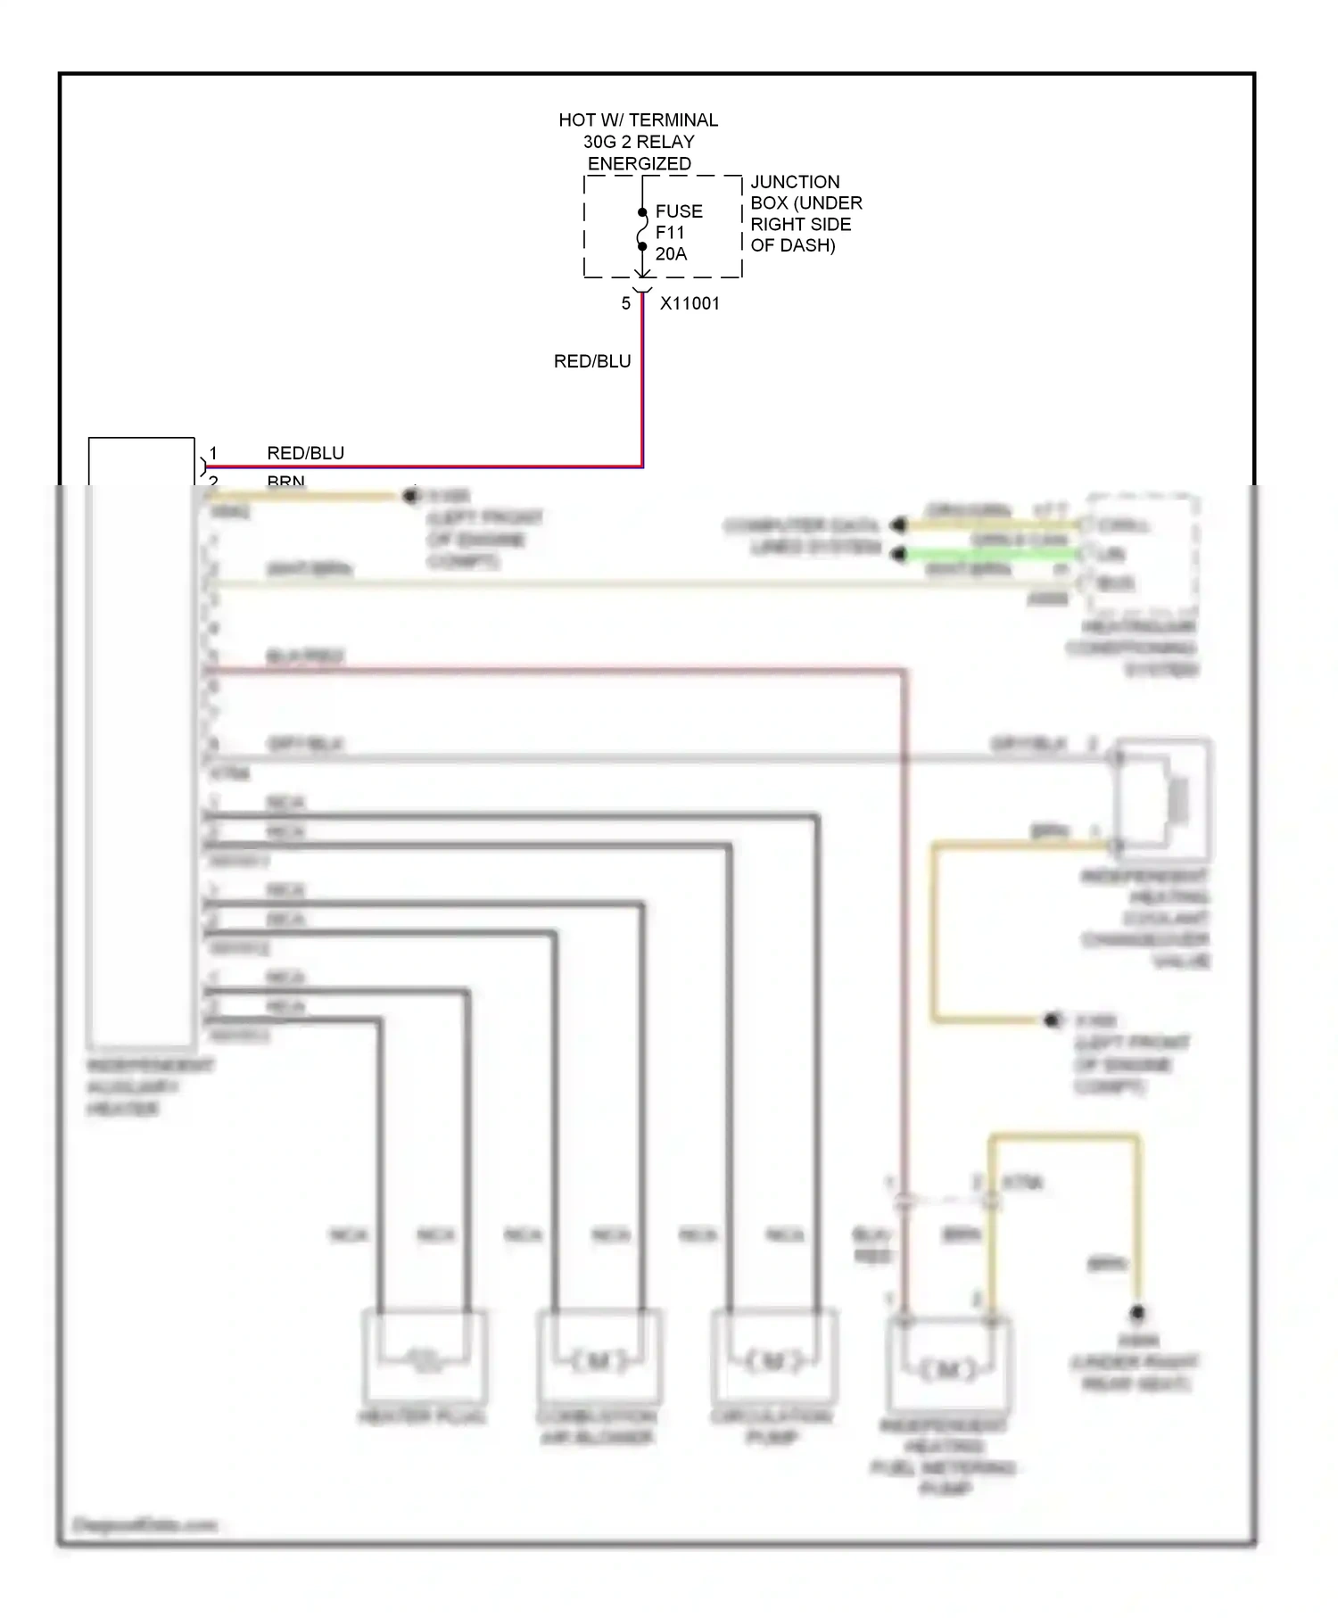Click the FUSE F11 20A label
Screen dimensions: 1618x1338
tap(678, 233)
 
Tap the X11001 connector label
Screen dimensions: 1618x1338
tap(690, 303)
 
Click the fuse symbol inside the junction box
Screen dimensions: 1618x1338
tap(642, 229)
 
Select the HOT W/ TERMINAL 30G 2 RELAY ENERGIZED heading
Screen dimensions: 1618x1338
tap(638, 142)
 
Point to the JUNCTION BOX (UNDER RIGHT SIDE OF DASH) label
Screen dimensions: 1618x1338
tap(805, 213)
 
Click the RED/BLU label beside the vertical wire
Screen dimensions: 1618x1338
tap(591, 361)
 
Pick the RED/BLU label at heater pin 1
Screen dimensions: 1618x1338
tap(305, 453)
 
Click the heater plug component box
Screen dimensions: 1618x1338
tap(424, 1357)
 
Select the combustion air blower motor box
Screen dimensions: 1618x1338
tap(599, 1357)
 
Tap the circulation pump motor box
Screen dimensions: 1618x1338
tap(774, 1357)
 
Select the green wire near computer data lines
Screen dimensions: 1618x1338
tap(990, 555)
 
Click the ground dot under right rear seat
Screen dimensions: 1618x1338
tap(1137, 1312)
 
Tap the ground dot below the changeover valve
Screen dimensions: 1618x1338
tap(1053, 1020)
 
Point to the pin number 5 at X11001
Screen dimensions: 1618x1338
tap(626, 303)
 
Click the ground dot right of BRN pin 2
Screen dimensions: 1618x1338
tap(411, 495)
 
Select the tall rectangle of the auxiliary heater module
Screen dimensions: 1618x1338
tap(141, 740)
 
